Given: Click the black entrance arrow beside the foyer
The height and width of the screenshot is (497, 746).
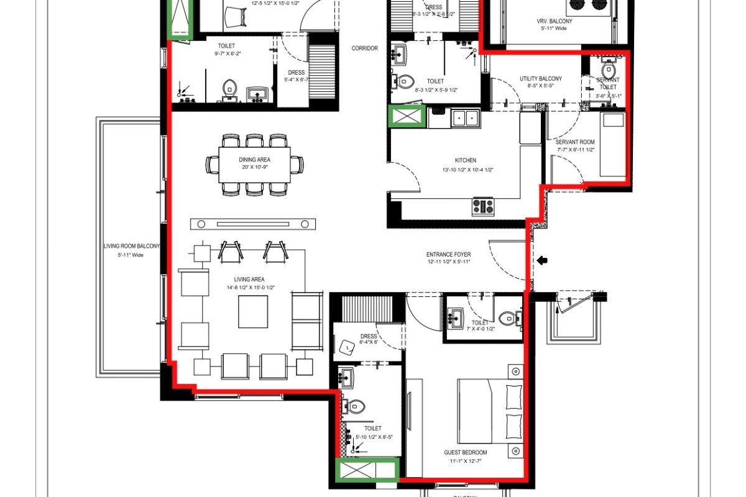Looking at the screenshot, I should click(542, 261).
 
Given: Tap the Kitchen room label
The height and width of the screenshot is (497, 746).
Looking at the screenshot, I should click(465, 160).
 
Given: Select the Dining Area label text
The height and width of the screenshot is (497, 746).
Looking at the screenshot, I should click(255, 160).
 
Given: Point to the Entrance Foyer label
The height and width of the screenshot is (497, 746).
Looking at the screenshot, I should click(448, 255).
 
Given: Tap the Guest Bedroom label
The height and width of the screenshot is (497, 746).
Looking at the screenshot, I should click(466, 452).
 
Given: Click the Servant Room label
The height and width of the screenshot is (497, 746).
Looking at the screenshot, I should click(576, 142).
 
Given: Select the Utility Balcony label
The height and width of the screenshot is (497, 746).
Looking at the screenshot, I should click(541, 79).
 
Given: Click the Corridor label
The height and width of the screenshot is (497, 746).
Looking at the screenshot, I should click(364, 48).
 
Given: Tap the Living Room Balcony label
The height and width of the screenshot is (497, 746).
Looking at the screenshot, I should click(131, 246).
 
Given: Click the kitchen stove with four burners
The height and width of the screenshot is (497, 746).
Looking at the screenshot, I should click(482, 206).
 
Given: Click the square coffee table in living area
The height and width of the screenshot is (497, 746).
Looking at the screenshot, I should click(253, 312).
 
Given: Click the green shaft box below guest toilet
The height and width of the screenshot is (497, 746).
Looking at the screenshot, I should click(367, 470).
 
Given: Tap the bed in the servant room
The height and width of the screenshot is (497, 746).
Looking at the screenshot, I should click(612, 144).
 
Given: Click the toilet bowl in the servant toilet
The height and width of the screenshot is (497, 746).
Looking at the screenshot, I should click(608, 69).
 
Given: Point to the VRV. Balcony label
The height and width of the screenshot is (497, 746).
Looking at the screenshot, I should click(555, 21).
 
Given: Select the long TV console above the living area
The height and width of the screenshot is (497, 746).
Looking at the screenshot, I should click(253, 224).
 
